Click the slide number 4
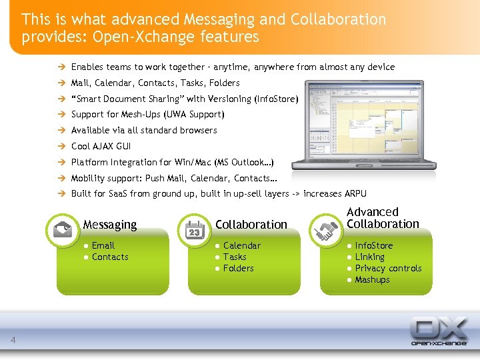pyautogui.click(x=13, y=341)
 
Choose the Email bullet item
pyautogui.click(x=103, y=245)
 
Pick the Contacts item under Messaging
pyautogui.click(x=110, y=257)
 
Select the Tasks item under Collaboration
pyautogui.click(x=235, y=257)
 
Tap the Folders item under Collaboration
pyautogui.click(x=238, y=268)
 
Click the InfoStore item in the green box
pyautogui.click(x=374, y=245)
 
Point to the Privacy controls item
pyautogui.click(x=388, y=268)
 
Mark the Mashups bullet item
pyautogui.click(x=372, y=279)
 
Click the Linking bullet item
pyautogui.click(x=369, y=257)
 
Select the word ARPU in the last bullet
pyautogui.click(x=355, y=193)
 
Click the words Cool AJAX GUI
pyautogui.click(x=101, y=146)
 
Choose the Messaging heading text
pyautogui.click(x=110, y=225)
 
